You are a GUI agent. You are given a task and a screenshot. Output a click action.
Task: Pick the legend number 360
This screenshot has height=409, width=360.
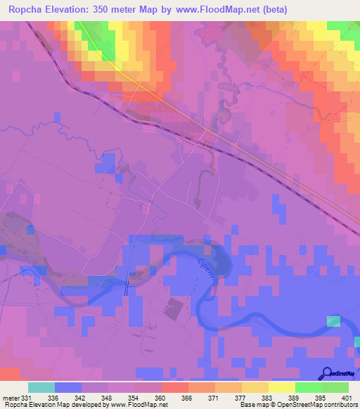click(160, 398)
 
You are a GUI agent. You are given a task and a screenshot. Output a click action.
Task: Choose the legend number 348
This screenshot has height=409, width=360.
click(108, 398)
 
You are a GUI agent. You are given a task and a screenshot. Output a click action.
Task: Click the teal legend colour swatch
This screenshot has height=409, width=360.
click(41, 387)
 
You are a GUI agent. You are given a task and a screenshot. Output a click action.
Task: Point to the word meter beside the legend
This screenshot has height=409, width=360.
click(11, 398)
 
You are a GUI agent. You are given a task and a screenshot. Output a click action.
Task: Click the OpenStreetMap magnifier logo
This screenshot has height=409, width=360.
click(328, 373)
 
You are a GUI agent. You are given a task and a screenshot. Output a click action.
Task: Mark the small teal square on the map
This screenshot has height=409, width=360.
click(333, 321)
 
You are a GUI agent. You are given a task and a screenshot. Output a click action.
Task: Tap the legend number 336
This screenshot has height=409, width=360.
click(54, 398)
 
